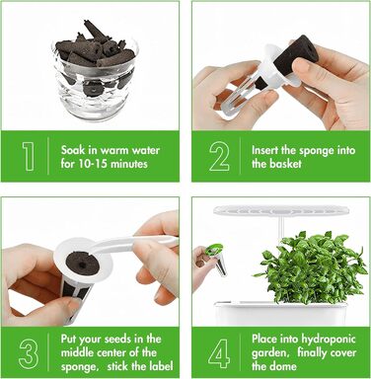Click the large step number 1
[29, 156]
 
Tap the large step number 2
[219, 156]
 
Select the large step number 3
[29, 353]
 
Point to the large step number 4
[219, 353]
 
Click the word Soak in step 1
[73, 150]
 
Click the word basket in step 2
[284, 164]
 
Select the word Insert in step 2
[264, 150]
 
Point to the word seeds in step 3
[125, 339]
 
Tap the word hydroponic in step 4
[329, 340]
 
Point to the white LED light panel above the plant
[280, 210]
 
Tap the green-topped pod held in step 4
[216, 259]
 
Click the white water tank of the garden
[280, 314]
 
